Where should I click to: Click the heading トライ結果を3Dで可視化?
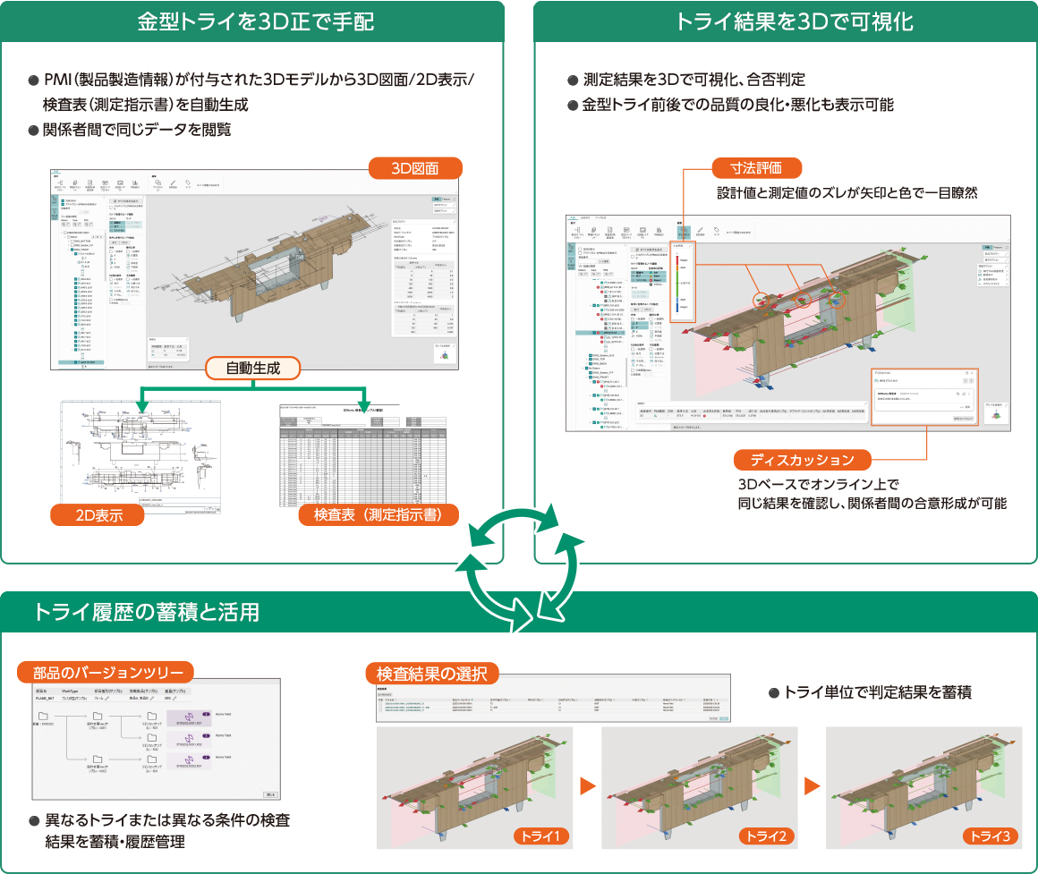[785, 21]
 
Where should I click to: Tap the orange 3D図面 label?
[415, 168]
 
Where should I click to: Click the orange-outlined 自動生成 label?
[252, 368]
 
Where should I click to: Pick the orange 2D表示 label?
[98, 514]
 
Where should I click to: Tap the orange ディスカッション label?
[803, 460]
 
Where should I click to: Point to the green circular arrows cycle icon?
[519, 563]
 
